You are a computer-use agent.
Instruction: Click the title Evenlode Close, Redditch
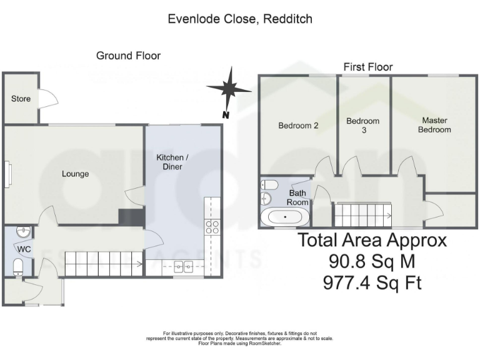point(240,19)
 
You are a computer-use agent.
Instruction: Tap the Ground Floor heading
point(128,56)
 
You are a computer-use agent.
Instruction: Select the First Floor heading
point(368,67)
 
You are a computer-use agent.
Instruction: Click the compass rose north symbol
point(229,90)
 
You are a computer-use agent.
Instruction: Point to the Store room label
point(21,99)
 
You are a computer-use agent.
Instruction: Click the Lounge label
point(75,174)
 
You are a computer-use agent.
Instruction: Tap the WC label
point(24,249)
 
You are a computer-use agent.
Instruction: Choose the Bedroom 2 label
point(298,126)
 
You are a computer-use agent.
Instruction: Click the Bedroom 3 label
point(362,126)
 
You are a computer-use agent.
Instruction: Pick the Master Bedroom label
point(434,125)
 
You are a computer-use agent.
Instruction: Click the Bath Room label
point(297,198)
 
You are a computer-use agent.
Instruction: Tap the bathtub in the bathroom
point(285,217)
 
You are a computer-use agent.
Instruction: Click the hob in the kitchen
point(212,227)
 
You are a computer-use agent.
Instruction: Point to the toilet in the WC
point(18,267)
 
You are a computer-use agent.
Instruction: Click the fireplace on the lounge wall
point(7,174)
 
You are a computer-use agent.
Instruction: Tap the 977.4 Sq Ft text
point(372,283)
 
